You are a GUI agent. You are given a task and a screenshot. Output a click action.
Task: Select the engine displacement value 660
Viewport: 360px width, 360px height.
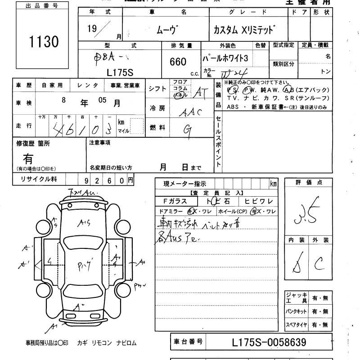[x=178, y=62]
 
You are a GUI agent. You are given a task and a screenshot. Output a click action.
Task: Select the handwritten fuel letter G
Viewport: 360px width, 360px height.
[x=188, y=129]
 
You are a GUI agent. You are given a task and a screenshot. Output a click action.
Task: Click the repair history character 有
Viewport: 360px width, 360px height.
[x=28, y=158]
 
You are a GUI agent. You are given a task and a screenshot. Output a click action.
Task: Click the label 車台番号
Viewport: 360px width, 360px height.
[x=188, y=342]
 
